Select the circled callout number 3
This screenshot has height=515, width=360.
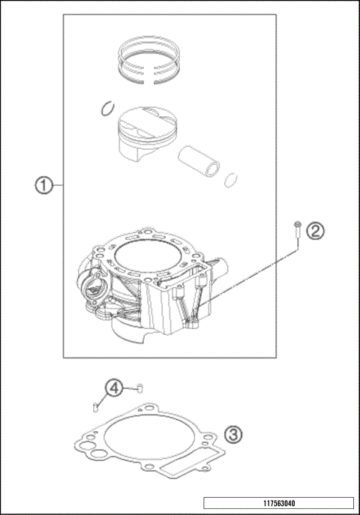click(x=234, y=434)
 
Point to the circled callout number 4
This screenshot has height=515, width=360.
click(x=112, y=388)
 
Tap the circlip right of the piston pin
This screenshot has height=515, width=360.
click(x=233, y=180)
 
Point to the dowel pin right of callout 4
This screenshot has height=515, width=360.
click(x=138, y=388)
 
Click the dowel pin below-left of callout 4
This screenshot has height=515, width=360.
click(x=95, y=406)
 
